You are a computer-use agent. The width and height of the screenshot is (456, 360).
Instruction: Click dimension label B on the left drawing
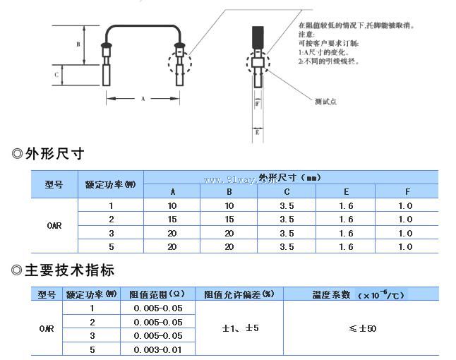coord(79,44)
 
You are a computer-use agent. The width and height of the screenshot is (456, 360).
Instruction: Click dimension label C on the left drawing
coord(57,74)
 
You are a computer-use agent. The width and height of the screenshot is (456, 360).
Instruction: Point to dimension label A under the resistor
coord(143,99)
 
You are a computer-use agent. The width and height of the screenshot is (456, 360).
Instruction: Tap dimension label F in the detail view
coord(258,104)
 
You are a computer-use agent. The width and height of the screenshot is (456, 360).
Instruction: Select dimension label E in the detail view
coord(258,131)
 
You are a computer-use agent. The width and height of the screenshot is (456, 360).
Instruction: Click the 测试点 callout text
coord(325,102)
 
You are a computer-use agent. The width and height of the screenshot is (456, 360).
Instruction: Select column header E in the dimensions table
coord(346,191)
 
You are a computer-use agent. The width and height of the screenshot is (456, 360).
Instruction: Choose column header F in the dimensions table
coord(406,191)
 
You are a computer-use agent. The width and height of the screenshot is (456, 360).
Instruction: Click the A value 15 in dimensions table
coord(173,219)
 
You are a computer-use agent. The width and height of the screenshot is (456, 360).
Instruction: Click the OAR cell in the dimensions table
coord(54,226)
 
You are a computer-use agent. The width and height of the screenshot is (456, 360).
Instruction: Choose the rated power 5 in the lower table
coord(92,349)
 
